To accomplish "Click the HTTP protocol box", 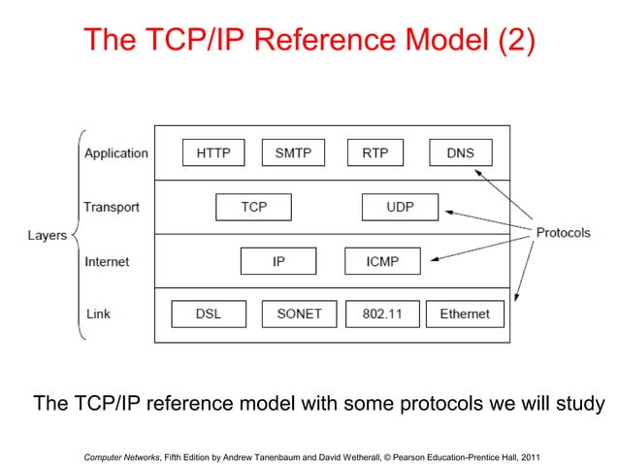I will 213,153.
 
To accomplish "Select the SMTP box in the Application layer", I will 293,153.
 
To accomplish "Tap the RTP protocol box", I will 375,153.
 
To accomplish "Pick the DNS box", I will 460,153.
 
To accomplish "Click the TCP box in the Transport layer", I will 253,208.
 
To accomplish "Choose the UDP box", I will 400,208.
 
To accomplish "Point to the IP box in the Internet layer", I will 278,261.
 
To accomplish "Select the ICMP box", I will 383,261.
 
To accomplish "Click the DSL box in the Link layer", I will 208,314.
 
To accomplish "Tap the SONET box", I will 298,314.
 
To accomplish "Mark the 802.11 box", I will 381,314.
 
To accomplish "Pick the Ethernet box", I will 465,314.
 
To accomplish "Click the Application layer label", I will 116,153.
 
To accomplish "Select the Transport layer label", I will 112,208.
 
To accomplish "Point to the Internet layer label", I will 107,262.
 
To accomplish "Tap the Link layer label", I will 98,314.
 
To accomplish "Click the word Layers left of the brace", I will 47,236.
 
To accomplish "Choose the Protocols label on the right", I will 563,233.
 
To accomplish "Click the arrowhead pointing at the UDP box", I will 445,210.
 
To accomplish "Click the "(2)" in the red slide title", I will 506,41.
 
